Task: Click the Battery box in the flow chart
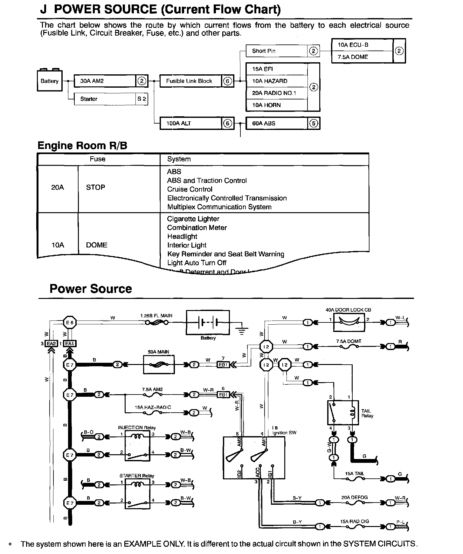49,81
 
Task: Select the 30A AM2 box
105,81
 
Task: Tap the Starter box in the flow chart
105,99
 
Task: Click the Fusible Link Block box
190,81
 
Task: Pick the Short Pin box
277,51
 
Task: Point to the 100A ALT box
190,123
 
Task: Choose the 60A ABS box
277,123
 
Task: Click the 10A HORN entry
277,105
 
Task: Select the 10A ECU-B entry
362,45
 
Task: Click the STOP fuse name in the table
95,187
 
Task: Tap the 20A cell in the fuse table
58,187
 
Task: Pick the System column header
179,159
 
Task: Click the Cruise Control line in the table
190,189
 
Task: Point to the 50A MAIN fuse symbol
159,365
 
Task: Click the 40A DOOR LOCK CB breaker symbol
349,322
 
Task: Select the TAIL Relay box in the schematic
343,413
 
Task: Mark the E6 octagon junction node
70,323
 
